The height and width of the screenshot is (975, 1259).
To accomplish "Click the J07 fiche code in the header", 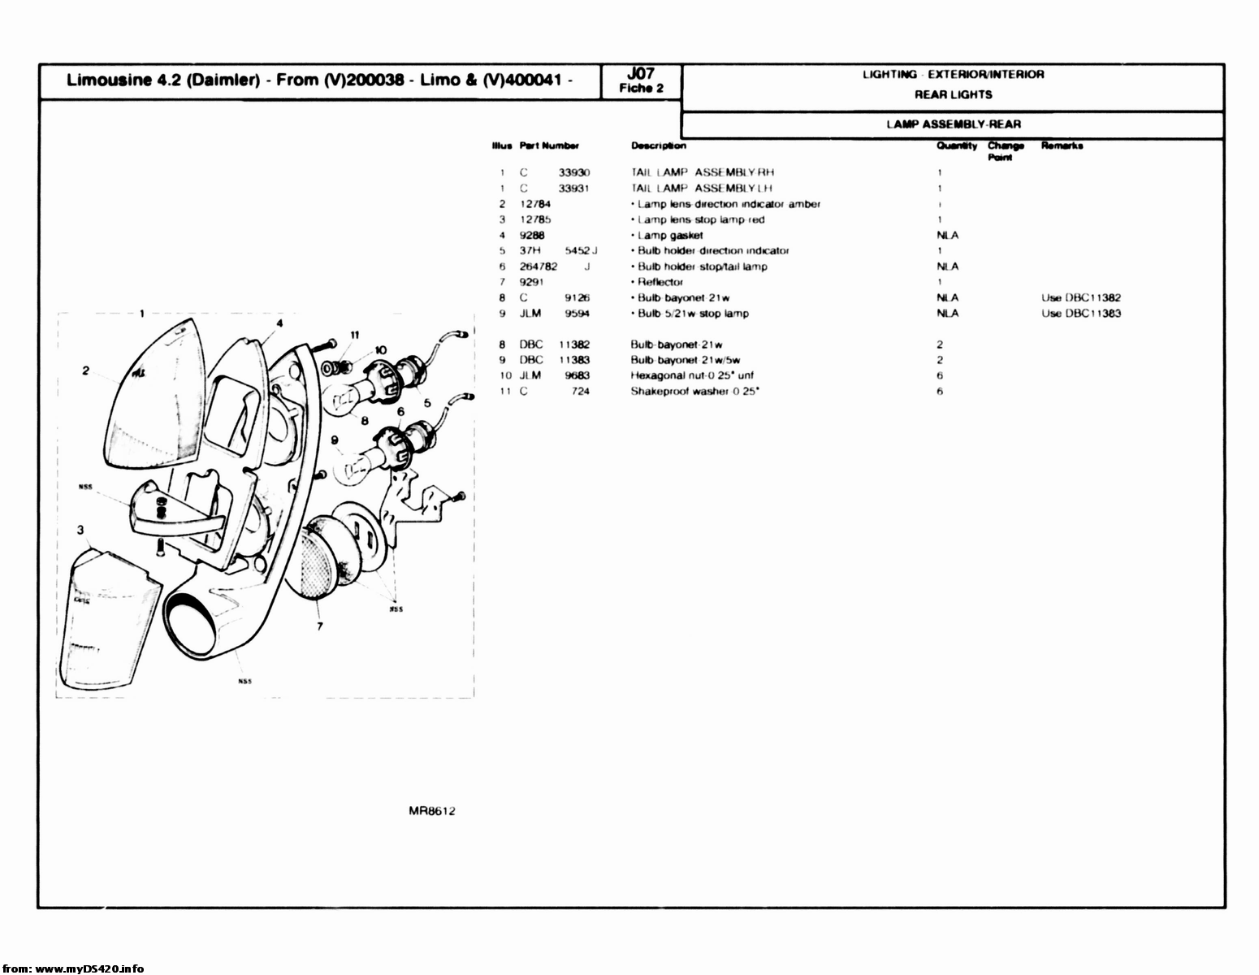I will (642, 74).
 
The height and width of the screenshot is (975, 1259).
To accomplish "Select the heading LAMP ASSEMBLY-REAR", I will (953, 124).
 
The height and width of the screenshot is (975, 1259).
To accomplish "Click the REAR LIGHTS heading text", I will (953, 94).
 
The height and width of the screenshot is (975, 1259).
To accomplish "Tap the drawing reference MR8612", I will (432, 810).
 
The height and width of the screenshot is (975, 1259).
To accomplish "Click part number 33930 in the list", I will (574, 172).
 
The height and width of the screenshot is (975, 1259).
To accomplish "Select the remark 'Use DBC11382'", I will (1081, 298).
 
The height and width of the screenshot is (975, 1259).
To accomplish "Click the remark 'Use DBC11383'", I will (1081, 314).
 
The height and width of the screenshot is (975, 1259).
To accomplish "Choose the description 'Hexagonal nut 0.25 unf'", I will (692, 375).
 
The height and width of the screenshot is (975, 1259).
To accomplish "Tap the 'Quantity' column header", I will (956, 146).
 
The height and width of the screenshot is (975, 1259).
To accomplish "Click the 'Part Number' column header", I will (549, 146).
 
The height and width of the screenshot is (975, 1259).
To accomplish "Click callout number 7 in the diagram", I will (320, 626).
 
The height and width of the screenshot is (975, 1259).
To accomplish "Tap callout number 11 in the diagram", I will (354, 334).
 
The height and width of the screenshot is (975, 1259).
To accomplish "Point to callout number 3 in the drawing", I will (80, 531).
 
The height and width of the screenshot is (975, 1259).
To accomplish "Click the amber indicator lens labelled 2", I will (154, 398).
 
